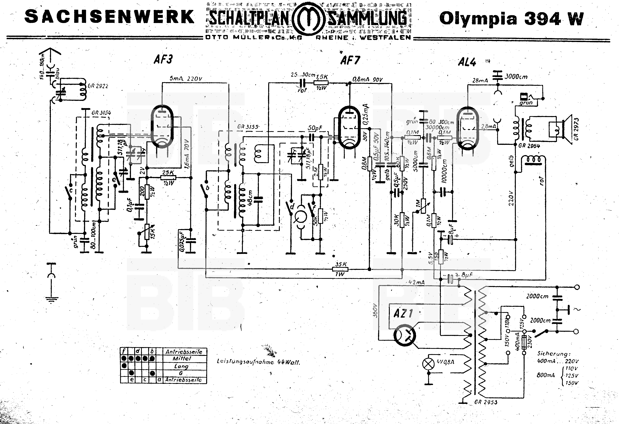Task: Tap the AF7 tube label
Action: (350, 61)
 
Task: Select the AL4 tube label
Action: (467, 62)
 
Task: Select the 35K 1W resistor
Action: (340, 269)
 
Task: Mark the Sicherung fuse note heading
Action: (554, 354)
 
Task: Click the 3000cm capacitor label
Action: (516, 77)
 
